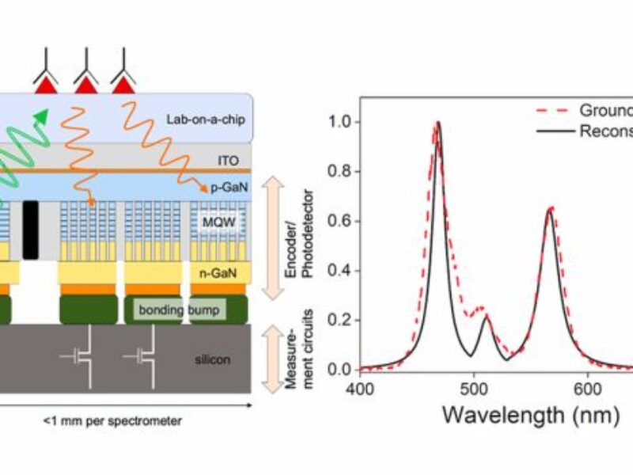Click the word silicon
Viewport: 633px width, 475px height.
tap(213, 359)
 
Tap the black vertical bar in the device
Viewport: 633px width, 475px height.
tap(31, 230)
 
